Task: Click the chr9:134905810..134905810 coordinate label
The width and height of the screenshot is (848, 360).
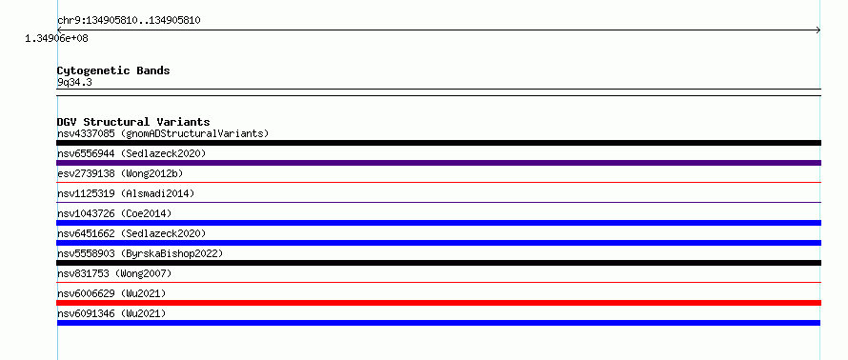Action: tap(129, 21)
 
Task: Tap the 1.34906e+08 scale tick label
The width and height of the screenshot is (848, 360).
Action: tap(57, 38)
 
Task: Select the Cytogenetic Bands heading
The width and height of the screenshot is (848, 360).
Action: tap(113, 70)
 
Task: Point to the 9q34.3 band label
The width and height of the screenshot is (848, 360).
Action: tap(74, 82)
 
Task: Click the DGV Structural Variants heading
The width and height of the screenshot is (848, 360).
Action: tap(133, 122)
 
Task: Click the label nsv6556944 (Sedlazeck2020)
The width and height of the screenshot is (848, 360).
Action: tap(131, 153)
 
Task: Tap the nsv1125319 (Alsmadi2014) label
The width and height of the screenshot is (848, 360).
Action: tap(126, 193)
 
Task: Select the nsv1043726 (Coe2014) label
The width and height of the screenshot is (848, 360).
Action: tap(114, 213)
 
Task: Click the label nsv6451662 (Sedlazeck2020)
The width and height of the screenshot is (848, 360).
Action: tap(131, 233)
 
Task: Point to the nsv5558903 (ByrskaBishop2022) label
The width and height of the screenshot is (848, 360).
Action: tap(140, 253)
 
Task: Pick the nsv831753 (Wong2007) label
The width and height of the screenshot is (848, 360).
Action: tap(114, 273)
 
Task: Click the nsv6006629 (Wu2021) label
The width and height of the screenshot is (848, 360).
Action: tap(111, 293)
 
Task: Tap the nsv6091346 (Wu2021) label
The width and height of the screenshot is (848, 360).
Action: tap(111, 313)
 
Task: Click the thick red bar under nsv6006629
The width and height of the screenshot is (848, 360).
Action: tap(438, 303)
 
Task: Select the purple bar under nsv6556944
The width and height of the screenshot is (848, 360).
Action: tap(438, 163)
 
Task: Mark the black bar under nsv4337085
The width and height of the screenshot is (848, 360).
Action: tap(438, 143)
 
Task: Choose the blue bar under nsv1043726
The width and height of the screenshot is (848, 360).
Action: tap(438, 223)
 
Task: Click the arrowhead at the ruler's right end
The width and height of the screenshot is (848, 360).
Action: tap(818, 30)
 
